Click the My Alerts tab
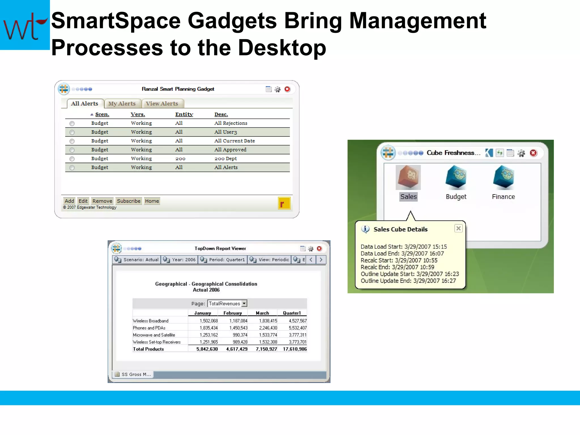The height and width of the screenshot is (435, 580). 122,104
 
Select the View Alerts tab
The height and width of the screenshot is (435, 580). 162,104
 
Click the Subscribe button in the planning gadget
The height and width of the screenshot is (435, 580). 129,201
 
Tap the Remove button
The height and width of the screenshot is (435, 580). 102,201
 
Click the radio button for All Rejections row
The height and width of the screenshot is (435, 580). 72,123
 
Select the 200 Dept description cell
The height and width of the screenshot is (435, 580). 225,159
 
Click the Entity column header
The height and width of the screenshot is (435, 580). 184,114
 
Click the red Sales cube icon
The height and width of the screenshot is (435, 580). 408,177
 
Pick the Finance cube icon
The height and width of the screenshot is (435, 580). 503,177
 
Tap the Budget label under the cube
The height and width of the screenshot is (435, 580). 456,197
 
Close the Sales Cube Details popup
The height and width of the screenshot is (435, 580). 459,228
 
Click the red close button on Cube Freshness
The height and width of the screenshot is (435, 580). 533,153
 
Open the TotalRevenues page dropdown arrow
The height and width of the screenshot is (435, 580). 244,304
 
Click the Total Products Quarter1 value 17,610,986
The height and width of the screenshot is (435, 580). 295,349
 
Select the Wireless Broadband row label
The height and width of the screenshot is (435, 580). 151,321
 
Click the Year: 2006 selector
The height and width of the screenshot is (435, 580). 180,260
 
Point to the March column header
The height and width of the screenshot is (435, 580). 262,313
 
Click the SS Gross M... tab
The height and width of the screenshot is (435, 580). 133,374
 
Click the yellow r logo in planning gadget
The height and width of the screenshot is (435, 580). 284,203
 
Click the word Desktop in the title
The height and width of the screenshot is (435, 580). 282,48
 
